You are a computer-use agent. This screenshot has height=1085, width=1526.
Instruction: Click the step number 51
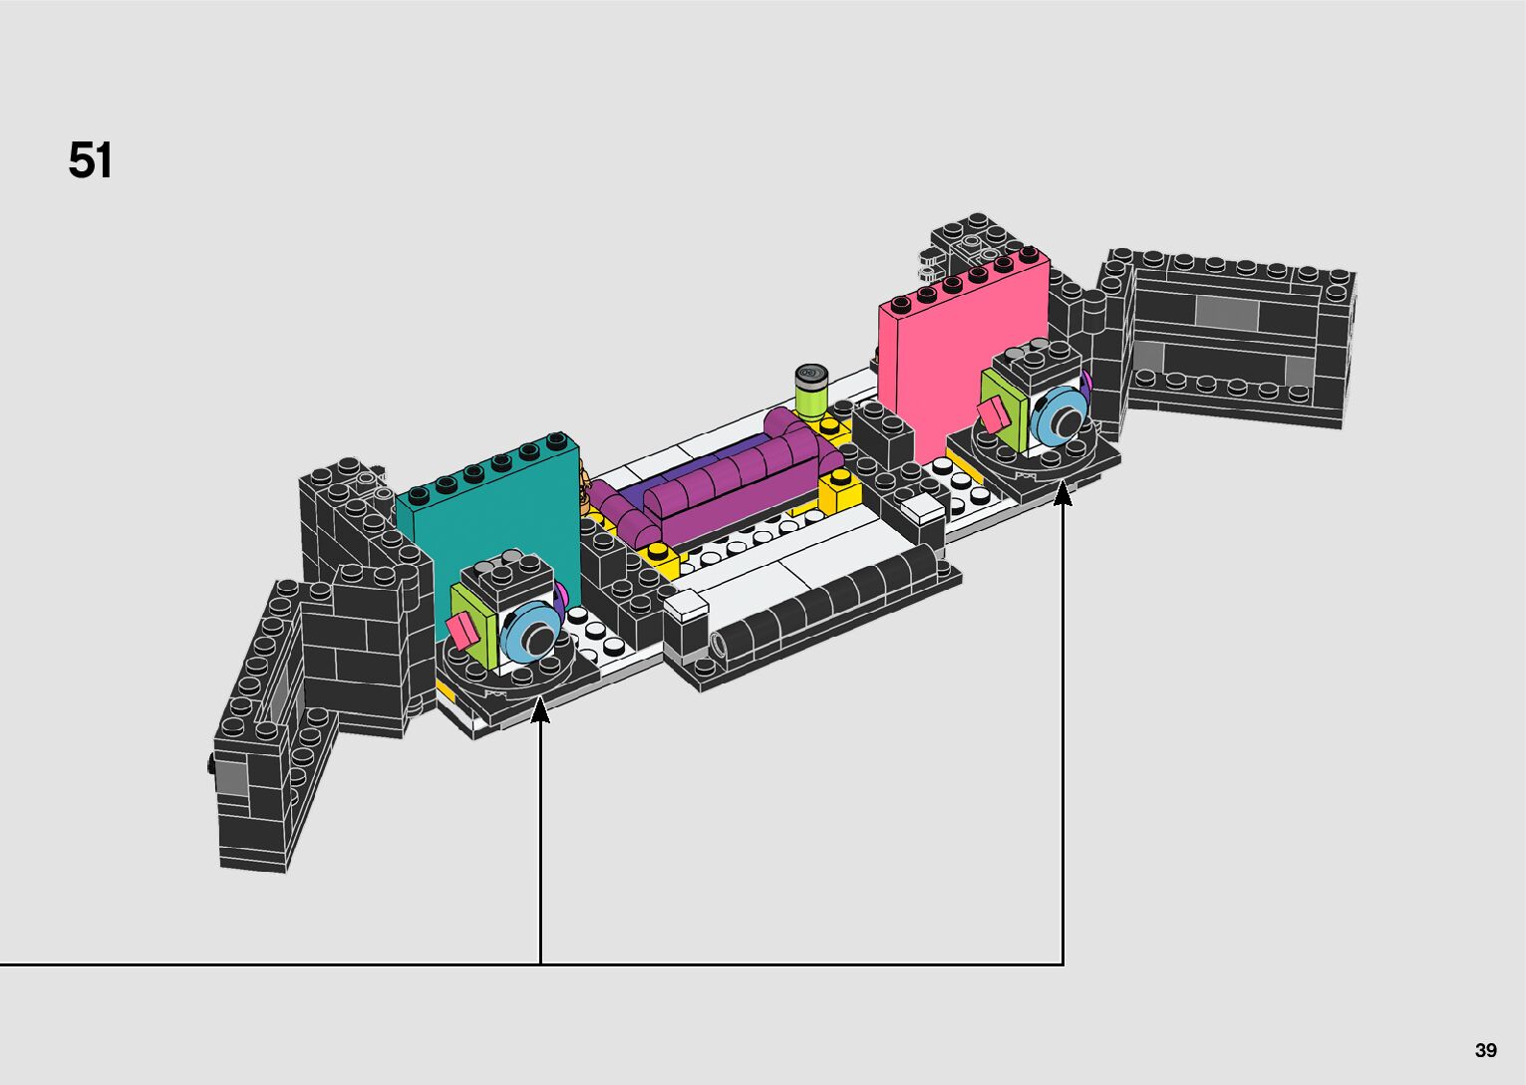(x=90, y=160)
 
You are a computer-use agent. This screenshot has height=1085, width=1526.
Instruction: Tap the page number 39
(x=1486, y=1049)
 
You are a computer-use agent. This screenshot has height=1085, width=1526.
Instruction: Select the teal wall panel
(x=490, y=518)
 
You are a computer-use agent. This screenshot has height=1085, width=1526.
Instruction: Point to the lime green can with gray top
(x=811, y=393)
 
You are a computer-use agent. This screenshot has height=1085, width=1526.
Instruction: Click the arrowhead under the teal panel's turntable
(x=540, y=710)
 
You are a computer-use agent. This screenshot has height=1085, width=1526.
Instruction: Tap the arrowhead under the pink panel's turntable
(x=1063, y=493)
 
